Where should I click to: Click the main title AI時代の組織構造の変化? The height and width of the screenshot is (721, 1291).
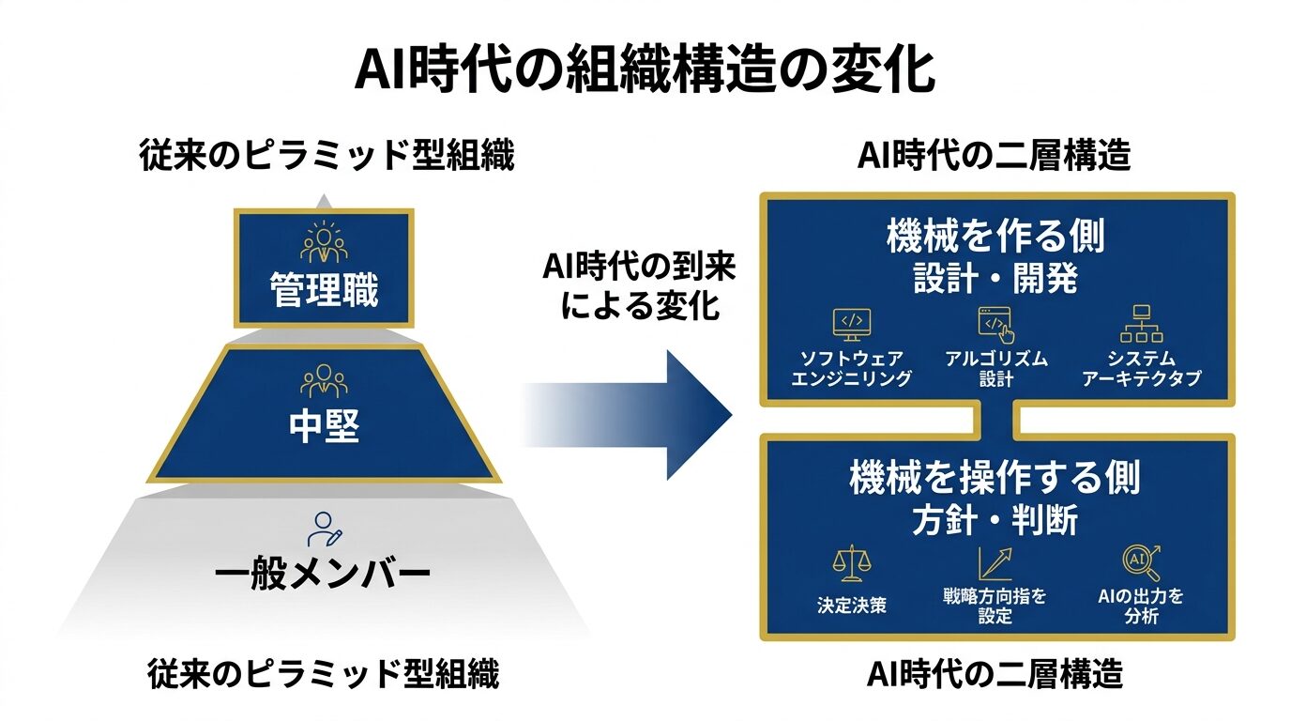[x=645, y=70]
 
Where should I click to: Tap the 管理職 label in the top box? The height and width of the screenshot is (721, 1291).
[x=324, y=290]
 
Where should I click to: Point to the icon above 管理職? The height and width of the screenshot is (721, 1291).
[x=324, y=241]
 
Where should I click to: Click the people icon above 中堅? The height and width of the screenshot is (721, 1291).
[x=324, y=380]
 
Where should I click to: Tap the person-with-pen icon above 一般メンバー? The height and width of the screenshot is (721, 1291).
[x=325, y=529]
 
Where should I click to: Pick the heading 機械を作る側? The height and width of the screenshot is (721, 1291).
[x=995, y=237]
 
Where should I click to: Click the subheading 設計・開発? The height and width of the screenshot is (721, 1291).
[x=995, y=280]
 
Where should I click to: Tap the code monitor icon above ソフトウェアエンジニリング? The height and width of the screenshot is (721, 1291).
[x=851, y=325]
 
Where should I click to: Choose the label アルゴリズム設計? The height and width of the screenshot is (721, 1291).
[x=995, y=369]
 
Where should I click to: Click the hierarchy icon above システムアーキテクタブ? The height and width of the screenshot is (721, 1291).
[x=1141, y=325]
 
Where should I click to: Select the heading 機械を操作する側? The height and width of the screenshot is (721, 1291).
[x=995, y=478]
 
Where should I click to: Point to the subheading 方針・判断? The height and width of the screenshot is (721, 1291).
[x=995, y=520]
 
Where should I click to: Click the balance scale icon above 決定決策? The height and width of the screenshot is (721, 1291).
[x=851, y=563]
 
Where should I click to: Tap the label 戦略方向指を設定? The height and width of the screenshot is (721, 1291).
[x=995, y=606]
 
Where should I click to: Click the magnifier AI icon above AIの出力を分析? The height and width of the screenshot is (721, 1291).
[x=1141, y=562]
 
